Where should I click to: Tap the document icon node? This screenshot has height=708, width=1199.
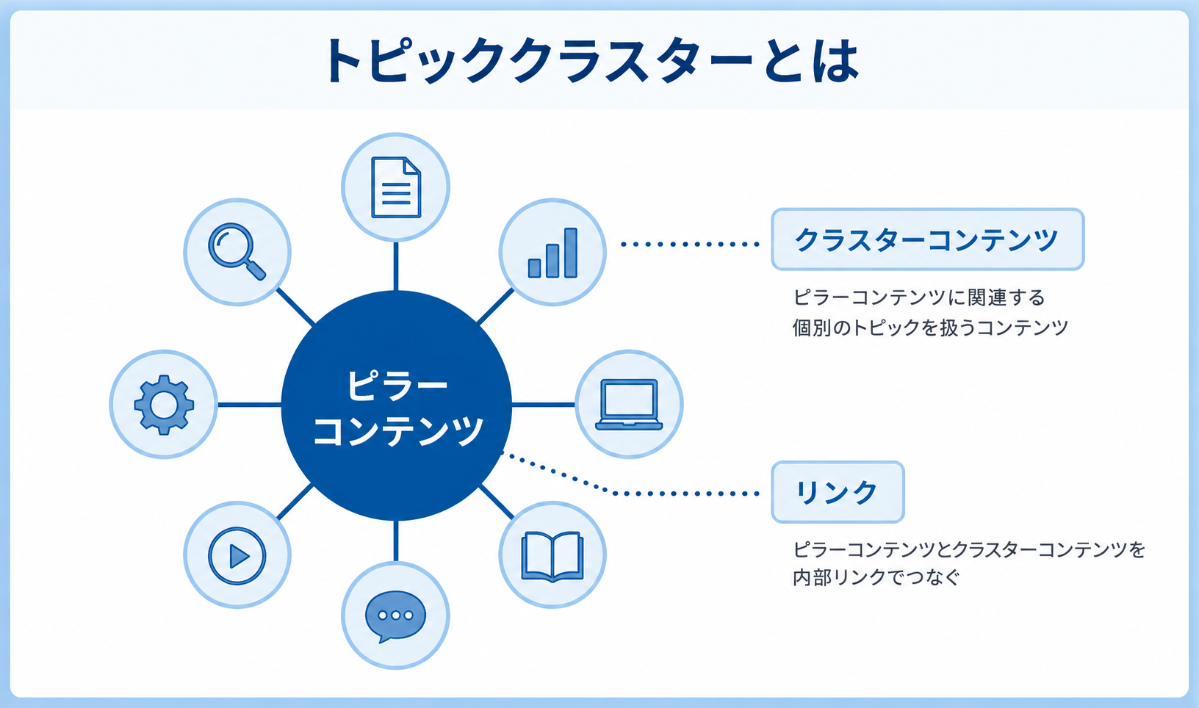point(395,187)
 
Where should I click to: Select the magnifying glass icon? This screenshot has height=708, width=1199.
point(237,251)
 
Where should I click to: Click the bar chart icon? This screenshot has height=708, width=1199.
point(552,253)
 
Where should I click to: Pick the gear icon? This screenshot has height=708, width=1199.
point(164,404)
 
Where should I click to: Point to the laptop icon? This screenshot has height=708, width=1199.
point(629,404)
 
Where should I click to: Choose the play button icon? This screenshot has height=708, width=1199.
point(237,556)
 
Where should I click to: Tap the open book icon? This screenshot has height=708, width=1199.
point(552,556)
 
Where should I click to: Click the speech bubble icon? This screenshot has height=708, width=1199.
point(395,616)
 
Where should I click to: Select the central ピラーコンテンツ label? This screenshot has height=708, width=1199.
point(397,408)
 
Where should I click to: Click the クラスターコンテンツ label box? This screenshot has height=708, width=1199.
point(928,239)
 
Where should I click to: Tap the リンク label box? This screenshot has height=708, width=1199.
point(838,492)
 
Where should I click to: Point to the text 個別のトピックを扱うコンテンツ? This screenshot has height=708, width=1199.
point(930,328)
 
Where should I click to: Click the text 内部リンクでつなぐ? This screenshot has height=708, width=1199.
point(876,578)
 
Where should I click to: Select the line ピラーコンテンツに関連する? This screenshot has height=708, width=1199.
point(918,297)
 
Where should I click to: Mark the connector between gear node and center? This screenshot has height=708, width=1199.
point(250,405)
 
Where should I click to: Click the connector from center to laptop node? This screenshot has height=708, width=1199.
point(544,405)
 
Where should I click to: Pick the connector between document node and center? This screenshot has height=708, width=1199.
point(395,266)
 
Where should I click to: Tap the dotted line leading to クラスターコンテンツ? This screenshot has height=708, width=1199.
point(690,244)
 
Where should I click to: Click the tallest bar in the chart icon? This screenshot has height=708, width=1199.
point(571,253)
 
